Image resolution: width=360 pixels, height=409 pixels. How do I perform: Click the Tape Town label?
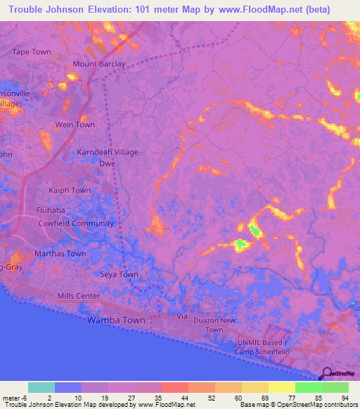(x=32, y=52)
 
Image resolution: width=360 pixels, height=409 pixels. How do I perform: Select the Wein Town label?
(x=75, y=125)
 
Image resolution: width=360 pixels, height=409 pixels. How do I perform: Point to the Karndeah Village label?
(x=108, y=152)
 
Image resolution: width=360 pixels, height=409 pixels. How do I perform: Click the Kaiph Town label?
(x=69, y=190)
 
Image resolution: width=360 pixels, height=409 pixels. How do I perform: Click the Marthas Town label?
(x=60, y=254)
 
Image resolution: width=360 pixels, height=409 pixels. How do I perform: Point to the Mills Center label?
(x=79, y=297)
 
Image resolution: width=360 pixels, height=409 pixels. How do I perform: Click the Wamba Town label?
(x=116, y=320)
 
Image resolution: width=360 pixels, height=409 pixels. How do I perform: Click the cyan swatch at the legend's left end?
(x=41, y=387)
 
